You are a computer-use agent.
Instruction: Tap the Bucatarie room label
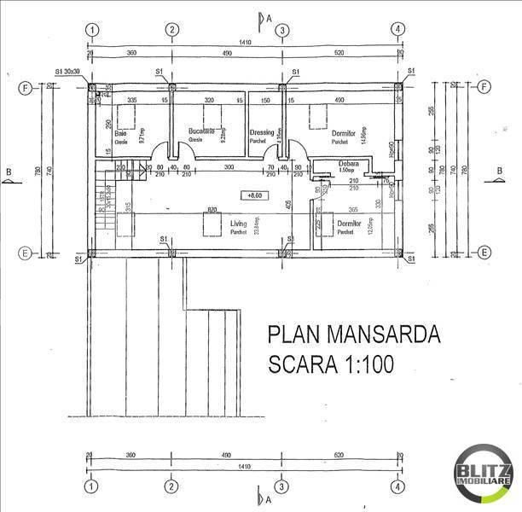202,131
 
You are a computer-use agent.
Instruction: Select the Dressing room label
262,132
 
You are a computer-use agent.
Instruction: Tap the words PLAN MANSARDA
353,333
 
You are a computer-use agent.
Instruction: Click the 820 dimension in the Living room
207,210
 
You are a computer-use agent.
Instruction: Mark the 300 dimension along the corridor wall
229,168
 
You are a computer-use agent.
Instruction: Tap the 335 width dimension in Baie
132,101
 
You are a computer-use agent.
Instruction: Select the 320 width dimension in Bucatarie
210,101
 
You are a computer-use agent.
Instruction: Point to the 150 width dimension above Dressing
265,101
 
